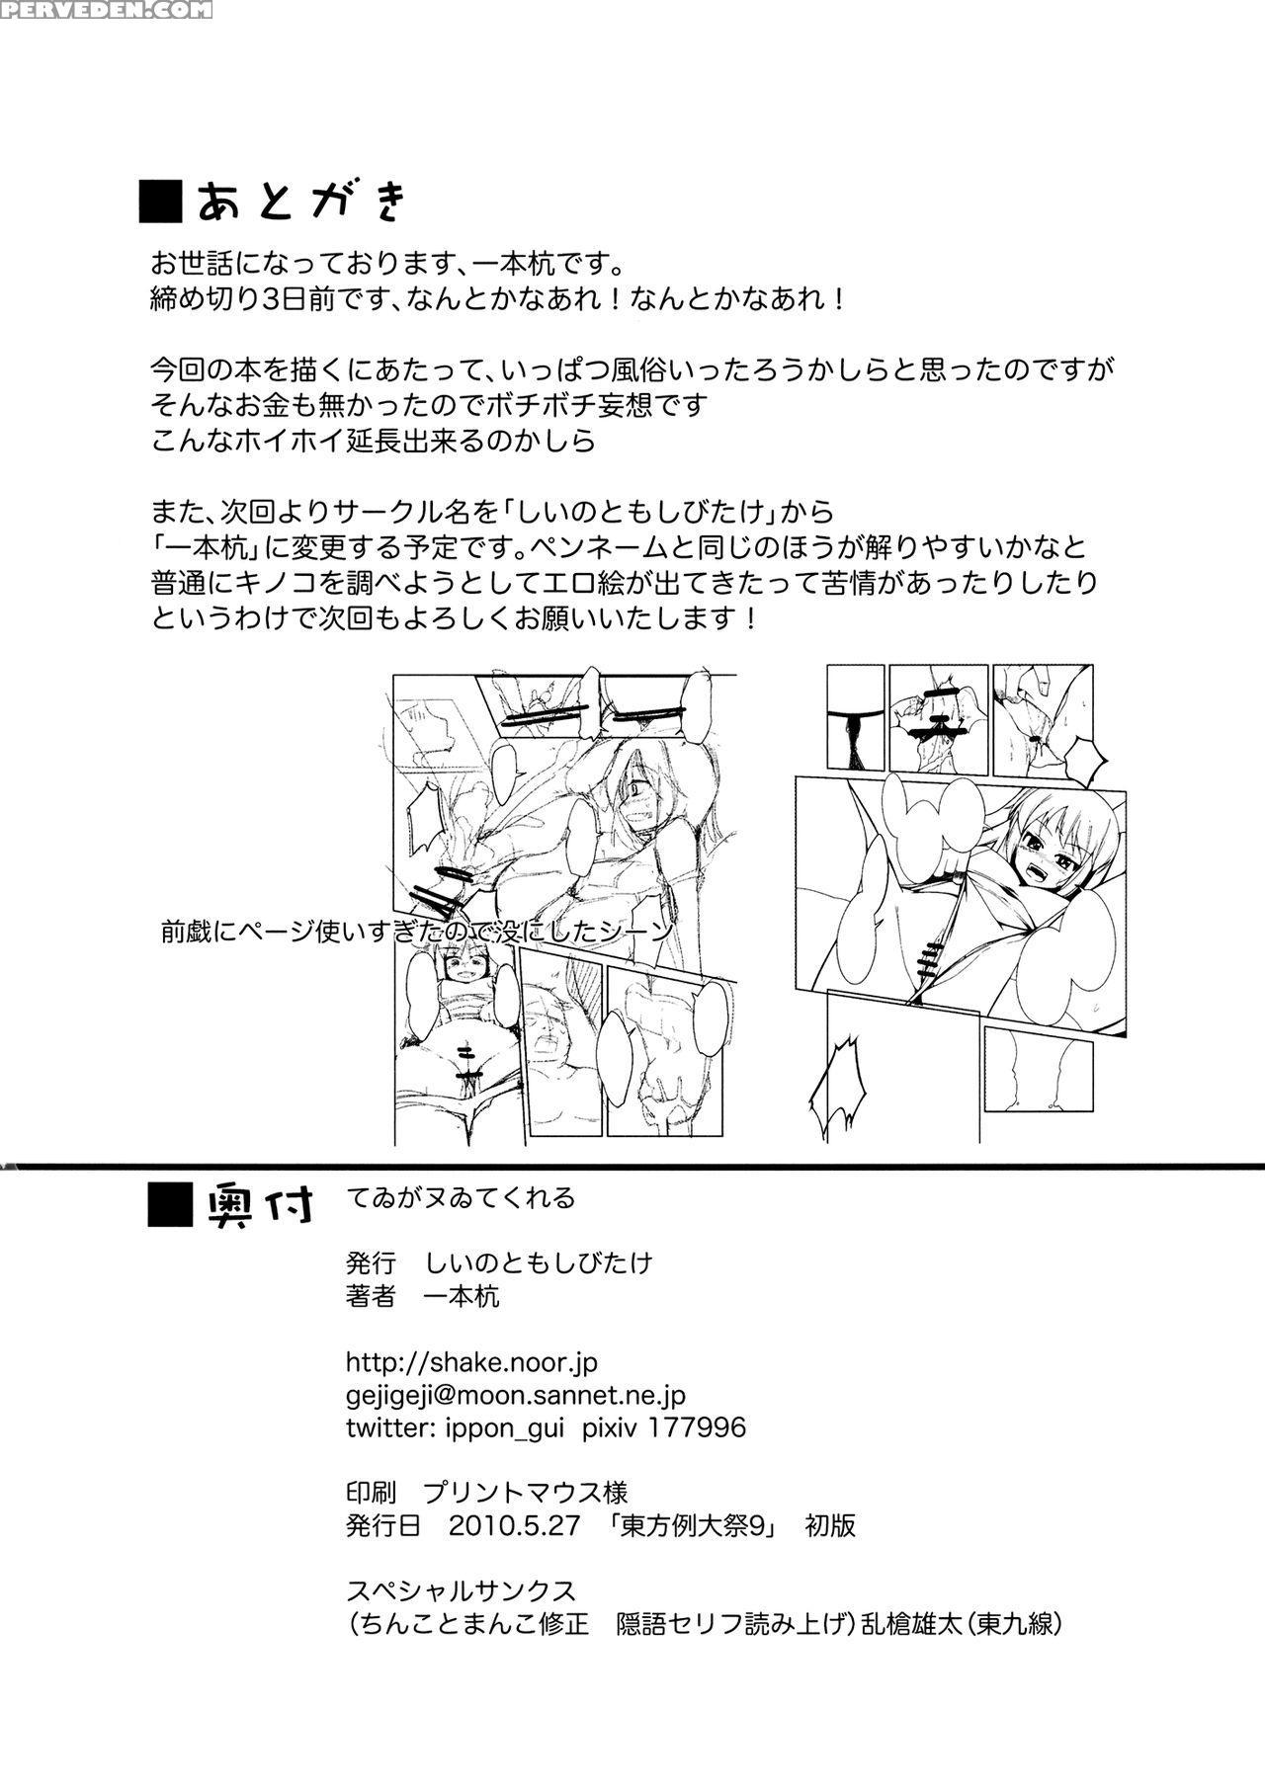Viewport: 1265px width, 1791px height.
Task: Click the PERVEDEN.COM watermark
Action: point(106,11)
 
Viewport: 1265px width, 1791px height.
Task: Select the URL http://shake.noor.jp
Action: point(471,1362)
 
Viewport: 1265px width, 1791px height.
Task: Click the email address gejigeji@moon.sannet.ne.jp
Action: point(515,1395)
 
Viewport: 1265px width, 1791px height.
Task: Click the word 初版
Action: point(830,1525)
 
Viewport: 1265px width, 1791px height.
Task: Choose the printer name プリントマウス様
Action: point(525,1492)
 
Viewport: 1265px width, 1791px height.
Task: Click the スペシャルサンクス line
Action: point(461,1590)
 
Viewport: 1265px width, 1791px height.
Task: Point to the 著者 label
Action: point(372,1296)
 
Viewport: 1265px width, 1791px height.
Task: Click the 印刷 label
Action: point(372,1492)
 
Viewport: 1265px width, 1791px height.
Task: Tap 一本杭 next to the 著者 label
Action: point(461,1296)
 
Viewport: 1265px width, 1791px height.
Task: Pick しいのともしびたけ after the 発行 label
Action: point(539,1262)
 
